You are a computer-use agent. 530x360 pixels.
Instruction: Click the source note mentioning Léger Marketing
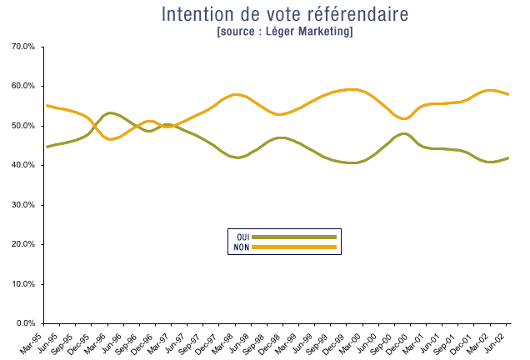(284, 32)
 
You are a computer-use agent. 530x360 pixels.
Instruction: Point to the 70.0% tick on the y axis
(22, 47)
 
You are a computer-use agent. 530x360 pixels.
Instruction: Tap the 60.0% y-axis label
(22, 87)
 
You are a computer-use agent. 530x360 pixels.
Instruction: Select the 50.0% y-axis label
(22, 126)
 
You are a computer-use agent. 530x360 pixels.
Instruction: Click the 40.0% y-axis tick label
(22, 165)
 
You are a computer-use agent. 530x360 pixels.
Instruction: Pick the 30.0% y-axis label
(22, 205)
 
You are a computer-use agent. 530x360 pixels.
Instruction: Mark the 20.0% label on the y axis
(22, 244)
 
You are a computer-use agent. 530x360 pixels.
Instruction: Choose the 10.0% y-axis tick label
(22, 284)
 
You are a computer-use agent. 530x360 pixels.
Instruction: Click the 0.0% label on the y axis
(25, 323)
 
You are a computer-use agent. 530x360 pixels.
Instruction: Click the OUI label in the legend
(242, 237)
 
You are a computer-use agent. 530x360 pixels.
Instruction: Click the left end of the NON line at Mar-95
(47, 106)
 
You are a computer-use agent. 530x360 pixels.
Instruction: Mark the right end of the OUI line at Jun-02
(507, 158)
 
